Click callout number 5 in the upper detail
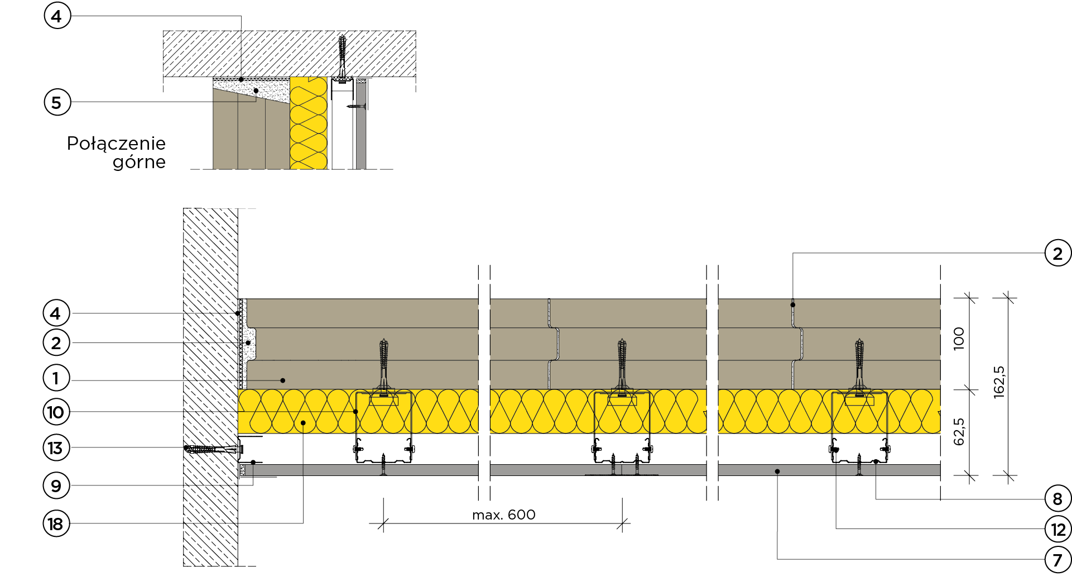[57, 102]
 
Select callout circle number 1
[56, 378]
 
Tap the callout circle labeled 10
[56, 412]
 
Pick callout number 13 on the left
[56, 447]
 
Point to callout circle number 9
[56, 485]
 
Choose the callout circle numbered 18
[56, 523]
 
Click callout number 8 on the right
[1058, 498]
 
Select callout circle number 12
[1058, 529]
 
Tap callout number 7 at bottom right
[1058, 559]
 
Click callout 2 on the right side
[1058, 253]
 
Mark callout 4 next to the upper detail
[57, 16]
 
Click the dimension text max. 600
[504, 515]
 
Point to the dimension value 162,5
[999, 382]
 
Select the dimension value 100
[959, 339]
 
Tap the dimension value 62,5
[959, 432]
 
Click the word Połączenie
[116, 144]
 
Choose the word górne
[140, 163]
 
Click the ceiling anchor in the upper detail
[342, 58]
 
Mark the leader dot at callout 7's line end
[777, 472]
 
